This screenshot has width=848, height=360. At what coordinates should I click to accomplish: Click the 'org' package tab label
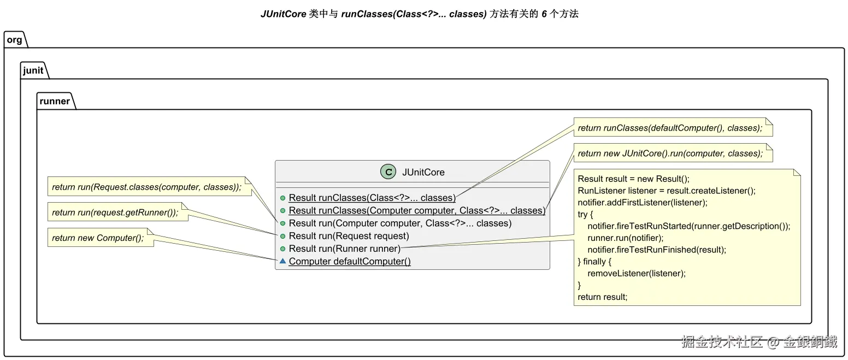14,40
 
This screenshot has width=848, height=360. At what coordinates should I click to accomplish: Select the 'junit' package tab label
33,70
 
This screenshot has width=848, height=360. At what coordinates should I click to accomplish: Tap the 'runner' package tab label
55,101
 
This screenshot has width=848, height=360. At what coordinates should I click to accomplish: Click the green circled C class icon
388,172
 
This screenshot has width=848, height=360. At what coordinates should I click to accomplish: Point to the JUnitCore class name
423,172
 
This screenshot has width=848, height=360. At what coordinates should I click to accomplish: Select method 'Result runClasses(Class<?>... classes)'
372,198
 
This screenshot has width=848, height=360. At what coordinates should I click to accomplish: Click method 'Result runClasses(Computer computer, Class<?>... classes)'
417,210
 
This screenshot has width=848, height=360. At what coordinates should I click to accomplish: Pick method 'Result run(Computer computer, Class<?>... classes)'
400,223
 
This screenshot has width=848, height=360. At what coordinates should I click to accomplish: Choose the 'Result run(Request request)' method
349,236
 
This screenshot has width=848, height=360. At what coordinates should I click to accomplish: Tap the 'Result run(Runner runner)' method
344,249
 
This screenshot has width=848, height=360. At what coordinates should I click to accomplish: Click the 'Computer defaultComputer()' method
350,261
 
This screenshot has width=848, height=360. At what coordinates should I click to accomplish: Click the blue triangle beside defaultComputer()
282,261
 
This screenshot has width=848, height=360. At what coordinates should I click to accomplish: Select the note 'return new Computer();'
101,238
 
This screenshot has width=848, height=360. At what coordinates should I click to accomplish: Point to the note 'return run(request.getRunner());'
117,212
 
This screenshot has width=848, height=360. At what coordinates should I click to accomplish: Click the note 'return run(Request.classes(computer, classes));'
150,187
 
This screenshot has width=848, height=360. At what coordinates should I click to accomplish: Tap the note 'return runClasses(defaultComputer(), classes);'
673,128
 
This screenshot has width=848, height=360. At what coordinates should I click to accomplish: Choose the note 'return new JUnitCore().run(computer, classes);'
673,153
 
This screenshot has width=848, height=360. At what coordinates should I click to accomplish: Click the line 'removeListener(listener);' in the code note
637,273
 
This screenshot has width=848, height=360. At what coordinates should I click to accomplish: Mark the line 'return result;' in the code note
602,297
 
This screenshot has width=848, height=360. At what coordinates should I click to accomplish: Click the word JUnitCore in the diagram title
283,14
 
